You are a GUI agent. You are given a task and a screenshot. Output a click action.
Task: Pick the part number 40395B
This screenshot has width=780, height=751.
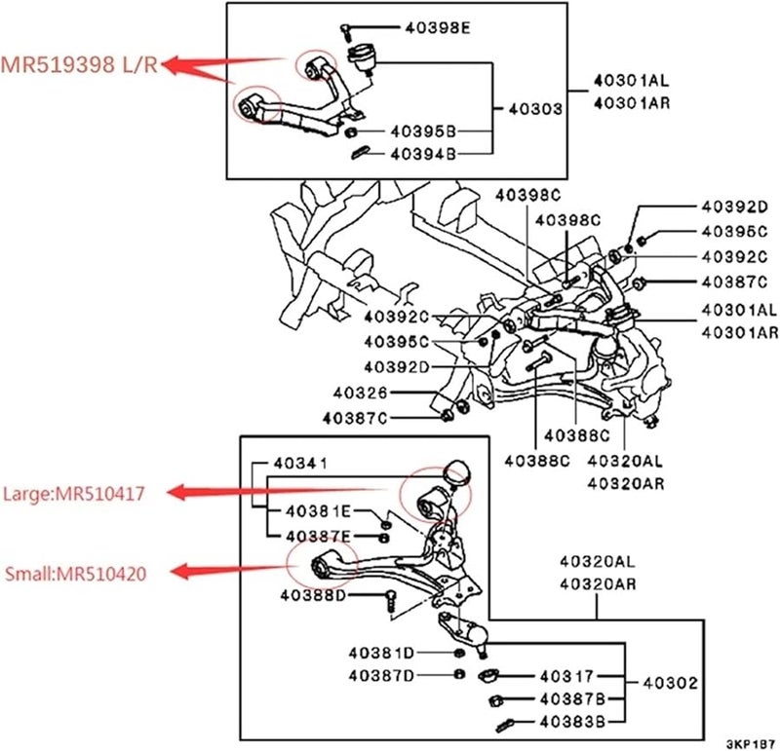423,131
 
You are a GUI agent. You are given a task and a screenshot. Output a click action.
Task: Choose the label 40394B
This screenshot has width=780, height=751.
423,153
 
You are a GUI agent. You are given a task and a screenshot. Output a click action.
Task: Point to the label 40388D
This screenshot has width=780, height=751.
313,595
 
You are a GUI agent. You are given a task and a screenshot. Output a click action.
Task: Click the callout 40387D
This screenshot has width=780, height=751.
380,674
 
